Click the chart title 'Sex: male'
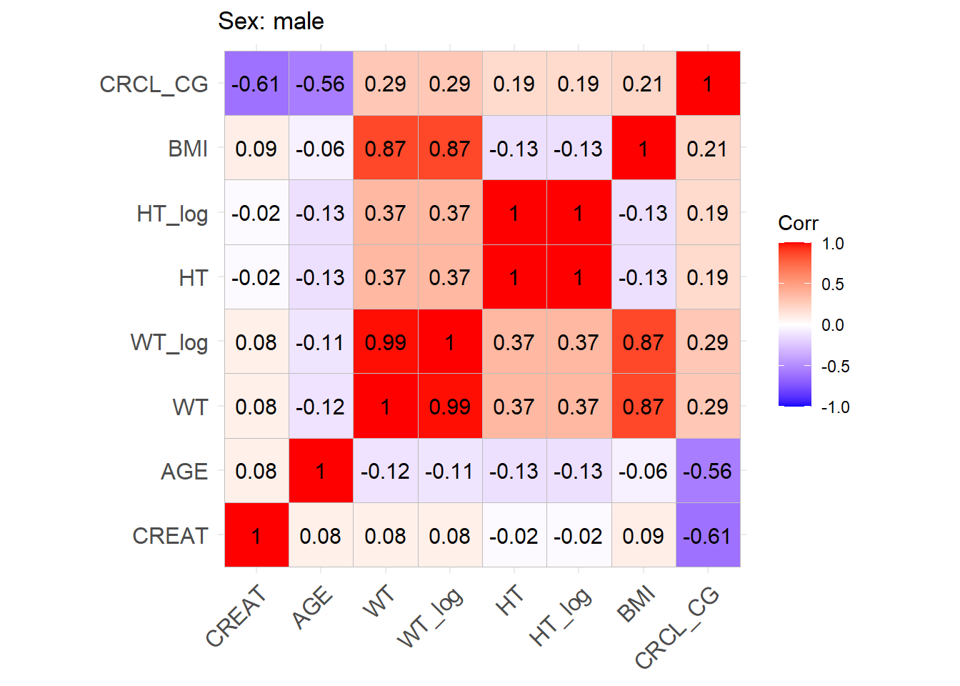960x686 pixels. tap(271, 21)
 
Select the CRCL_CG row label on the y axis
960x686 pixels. tap(154, 84)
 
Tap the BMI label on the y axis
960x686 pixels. tap(188, 149)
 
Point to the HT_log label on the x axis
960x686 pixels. tap(561, 616)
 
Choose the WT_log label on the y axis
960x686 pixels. tap(169, 342)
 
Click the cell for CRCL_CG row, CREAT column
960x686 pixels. tap(256, 84)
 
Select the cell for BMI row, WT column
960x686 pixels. tap(386, 148)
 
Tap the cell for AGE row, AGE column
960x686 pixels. tap(321, 471)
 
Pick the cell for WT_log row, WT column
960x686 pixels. tap(386, 342)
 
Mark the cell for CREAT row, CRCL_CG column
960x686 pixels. tap(708, 535)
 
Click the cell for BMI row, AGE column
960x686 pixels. tap(321, 148)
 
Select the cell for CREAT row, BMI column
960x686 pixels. tap(644, 535)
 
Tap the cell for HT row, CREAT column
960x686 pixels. tap(256, 277)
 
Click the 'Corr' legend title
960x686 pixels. tap(798, 224)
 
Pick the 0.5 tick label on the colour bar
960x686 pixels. tap(832, 284)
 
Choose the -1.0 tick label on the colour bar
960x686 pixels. tap(835, 407)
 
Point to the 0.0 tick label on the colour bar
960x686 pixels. tap(832, 325)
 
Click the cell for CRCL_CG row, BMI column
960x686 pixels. tap(644, 84)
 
